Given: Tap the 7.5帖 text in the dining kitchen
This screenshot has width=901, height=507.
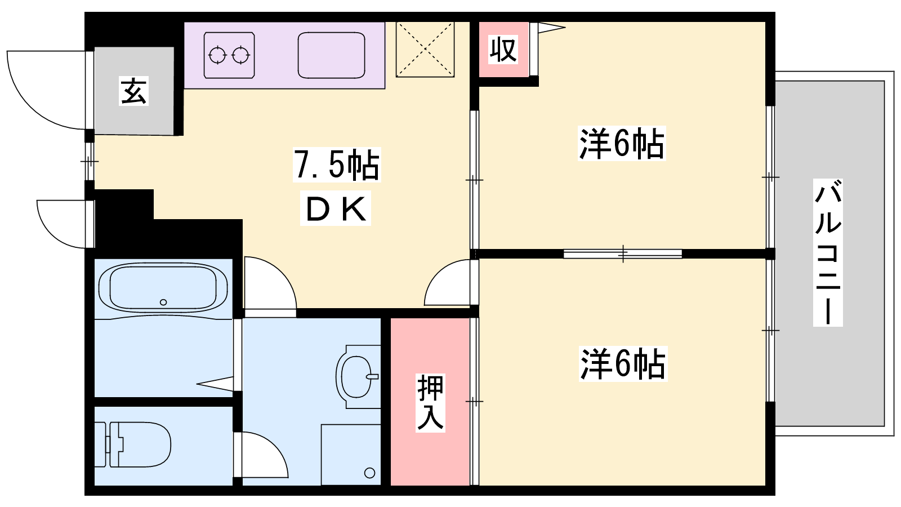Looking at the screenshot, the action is click(337, 165).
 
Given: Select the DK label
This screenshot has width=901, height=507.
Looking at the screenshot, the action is click(336, 209).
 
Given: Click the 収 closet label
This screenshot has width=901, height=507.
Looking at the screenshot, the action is click(503, 50).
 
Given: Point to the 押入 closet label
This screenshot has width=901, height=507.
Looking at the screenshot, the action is click(430, 403).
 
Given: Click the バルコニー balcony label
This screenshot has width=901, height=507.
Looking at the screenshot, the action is click(828, 252).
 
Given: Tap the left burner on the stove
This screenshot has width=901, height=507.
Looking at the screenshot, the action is click(218, 55).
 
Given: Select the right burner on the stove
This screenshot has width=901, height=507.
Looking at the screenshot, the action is click(240, 55).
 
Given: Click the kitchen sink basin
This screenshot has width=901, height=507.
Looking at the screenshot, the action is click(332, 55).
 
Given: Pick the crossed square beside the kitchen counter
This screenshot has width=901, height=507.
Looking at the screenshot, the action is click(425, 49).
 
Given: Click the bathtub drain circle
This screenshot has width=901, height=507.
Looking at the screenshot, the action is click(163, 302).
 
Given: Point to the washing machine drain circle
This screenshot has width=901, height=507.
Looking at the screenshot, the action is click(369, 473).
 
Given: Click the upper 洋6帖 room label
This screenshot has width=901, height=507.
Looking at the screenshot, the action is click(622, 143).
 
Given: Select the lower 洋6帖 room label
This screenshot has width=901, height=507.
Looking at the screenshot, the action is click(623, 364).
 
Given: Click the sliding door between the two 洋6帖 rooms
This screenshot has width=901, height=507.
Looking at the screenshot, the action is click(623, 254).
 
